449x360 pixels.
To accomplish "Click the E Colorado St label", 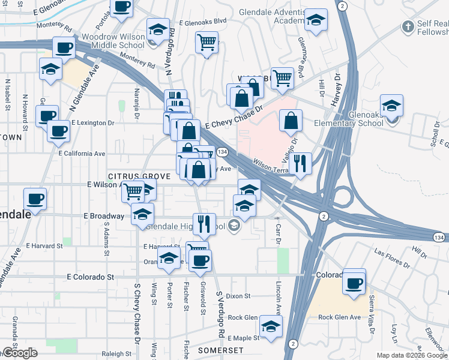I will click(91, 277).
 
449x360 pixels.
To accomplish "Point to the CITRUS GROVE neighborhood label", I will click(139, 176).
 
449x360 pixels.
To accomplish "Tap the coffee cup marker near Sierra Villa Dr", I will click(354, 281).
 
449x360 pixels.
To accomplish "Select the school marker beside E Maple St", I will click(271, 327).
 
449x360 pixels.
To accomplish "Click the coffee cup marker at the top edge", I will click(122, 7).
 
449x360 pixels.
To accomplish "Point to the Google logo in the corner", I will click(19, 353).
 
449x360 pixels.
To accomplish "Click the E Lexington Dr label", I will click(92, 122).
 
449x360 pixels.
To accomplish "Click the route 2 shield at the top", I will click(342, 5).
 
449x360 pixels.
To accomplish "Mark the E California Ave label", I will click(82, 154).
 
